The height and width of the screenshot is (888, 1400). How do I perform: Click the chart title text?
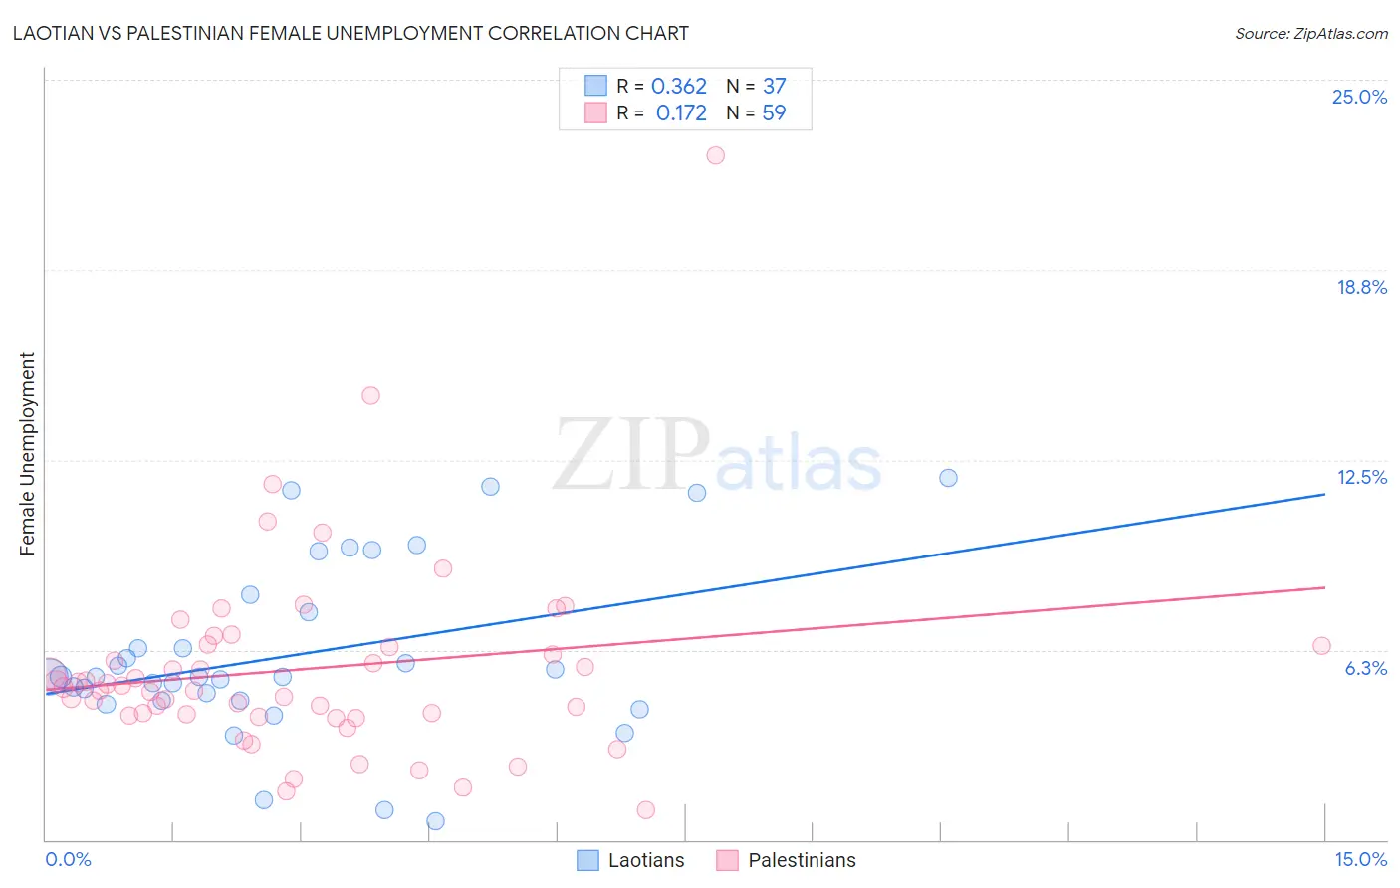[350, 33]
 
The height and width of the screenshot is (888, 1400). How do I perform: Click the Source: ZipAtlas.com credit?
[1310, 33]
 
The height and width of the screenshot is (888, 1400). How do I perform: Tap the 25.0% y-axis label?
[1359, 97]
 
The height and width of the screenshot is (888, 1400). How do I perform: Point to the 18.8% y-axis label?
[1361, 287]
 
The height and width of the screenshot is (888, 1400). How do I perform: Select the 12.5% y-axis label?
[1361, 477]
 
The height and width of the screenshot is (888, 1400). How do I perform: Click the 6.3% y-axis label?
[1365, 668]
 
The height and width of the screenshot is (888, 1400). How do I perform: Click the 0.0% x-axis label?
[68, 859]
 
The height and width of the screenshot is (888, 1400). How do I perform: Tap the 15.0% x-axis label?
[1360, 859]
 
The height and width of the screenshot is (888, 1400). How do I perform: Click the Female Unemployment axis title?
[27, 453]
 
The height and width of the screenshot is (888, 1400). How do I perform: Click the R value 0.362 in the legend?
[679, 87]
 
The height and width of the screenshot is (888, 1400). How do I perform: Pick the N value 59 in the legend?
[774, 113]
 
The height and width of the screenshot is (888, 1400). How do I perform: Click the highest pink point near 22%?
[715, 155]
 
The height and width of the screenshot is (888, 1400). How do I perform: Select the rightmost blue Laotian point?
[948, 478]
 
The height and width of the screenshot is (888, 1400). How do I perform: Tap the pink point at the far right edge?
[1321, 646]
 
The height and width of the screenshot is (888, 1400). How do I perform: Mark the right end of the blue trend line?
[1324, 494]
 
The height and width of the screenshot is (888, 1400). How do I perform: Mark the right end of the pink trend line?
[1324, 587]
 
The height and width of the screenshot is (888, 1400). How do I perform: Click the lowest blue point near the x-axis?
[435, 821]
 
